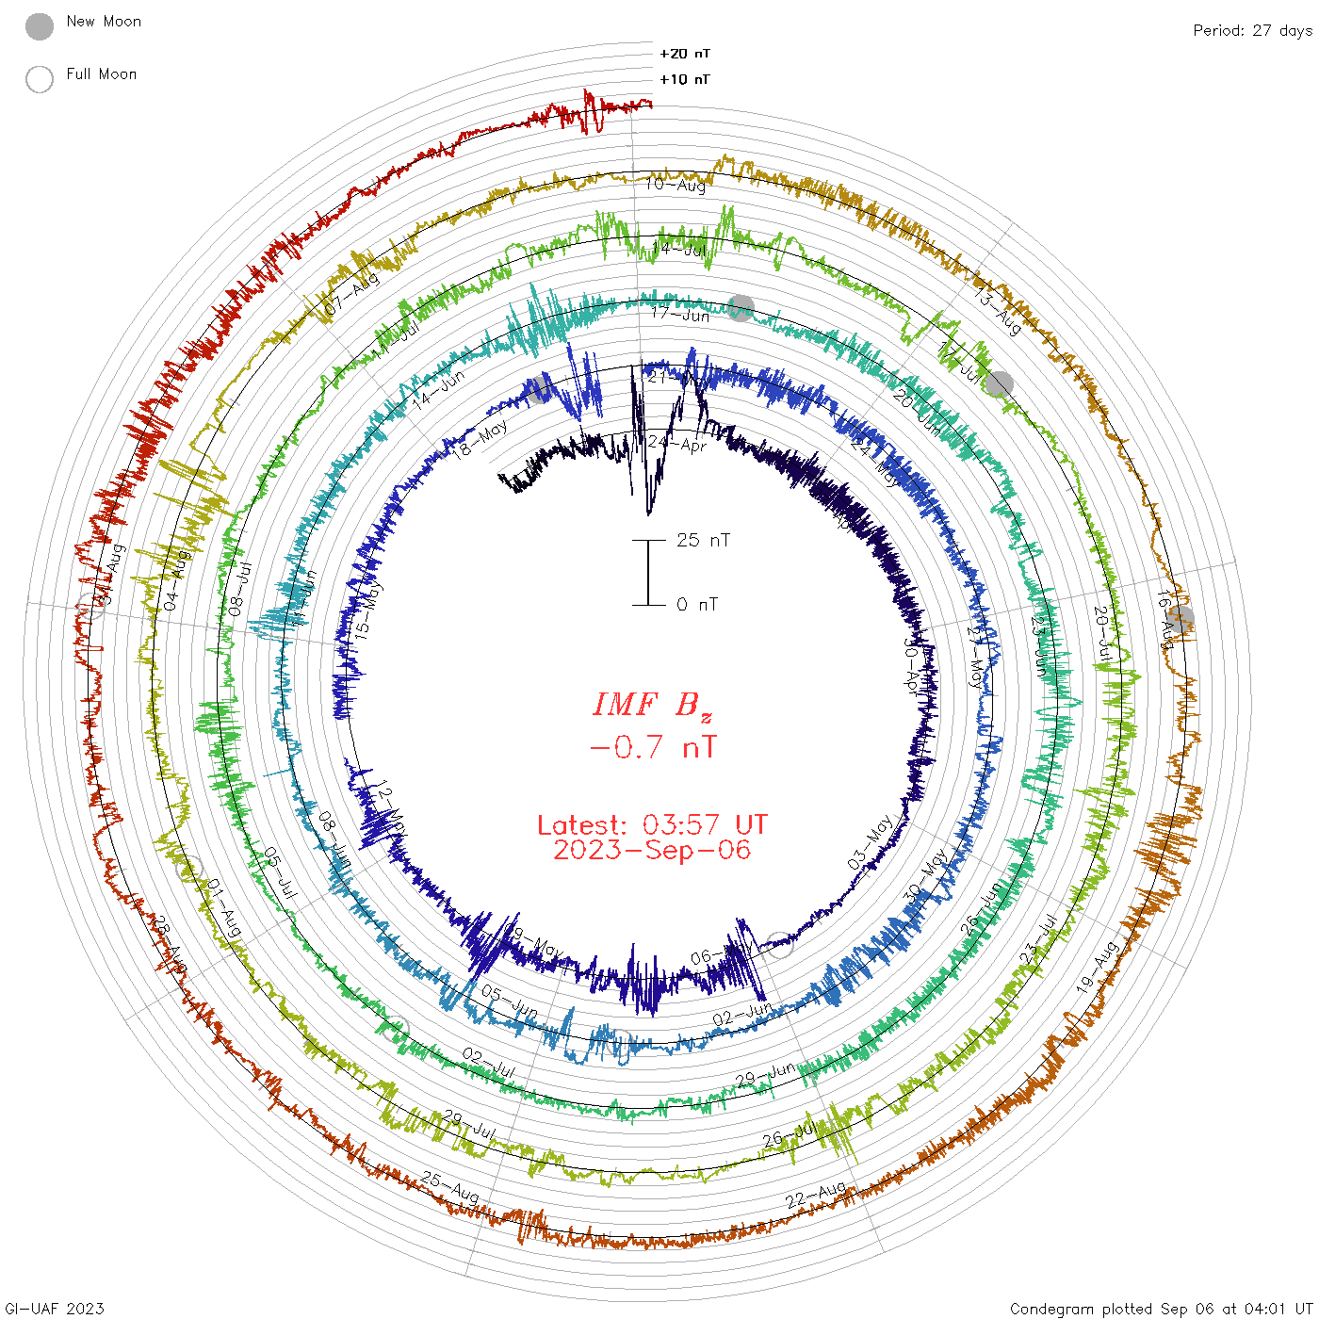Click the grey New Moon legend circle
40,26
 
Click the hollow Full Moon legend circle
40,79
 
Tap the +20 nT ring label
685,54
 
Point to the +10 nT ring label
685,79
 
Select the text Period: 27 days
1252,30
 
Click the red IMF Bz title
652,706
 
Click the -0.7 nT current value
652,748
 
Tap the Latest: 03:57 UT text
652,825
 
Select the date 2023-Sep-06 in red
652,850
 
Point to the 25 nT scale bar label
703,540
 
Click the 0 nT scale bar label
697,604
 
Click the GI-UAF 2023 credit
55,1309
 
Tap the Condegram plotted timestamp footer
1161,1309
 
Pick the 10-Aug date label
676,185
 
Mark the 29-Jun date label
765,1075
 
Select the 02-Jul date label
488,1064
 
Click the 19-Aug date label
1098,967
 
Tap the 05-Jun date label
510,1002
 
